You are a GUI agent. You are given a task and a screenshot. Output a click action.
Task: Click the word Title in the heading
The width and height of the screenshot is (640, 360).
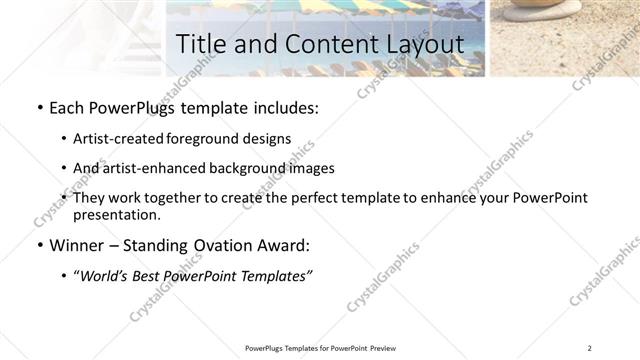200,45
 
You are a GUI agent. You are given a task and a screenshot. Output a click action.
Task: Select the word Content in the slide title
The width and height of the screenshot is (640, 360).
323,45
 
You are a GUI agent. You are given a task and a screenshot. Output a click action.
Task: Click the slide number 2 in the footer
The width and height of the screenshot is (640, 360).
590,348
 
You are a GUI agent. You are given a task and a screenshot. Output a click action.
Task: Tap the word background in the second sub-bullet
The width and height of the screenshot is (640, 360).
248,169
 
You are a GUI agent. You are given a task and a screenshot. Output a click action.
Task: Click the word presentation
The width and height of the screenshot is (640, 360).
116,215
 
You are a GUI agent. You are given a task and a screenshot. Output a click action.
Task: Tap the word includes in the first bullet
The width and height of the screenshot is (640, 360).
285,107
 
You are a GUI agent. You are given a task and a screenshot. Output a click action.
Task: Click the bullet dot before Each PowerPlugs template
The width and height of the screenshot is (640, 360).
38,107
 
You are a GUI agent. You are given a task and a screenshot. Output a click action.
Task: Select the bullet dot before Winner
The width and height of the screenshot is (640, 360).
38,243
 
